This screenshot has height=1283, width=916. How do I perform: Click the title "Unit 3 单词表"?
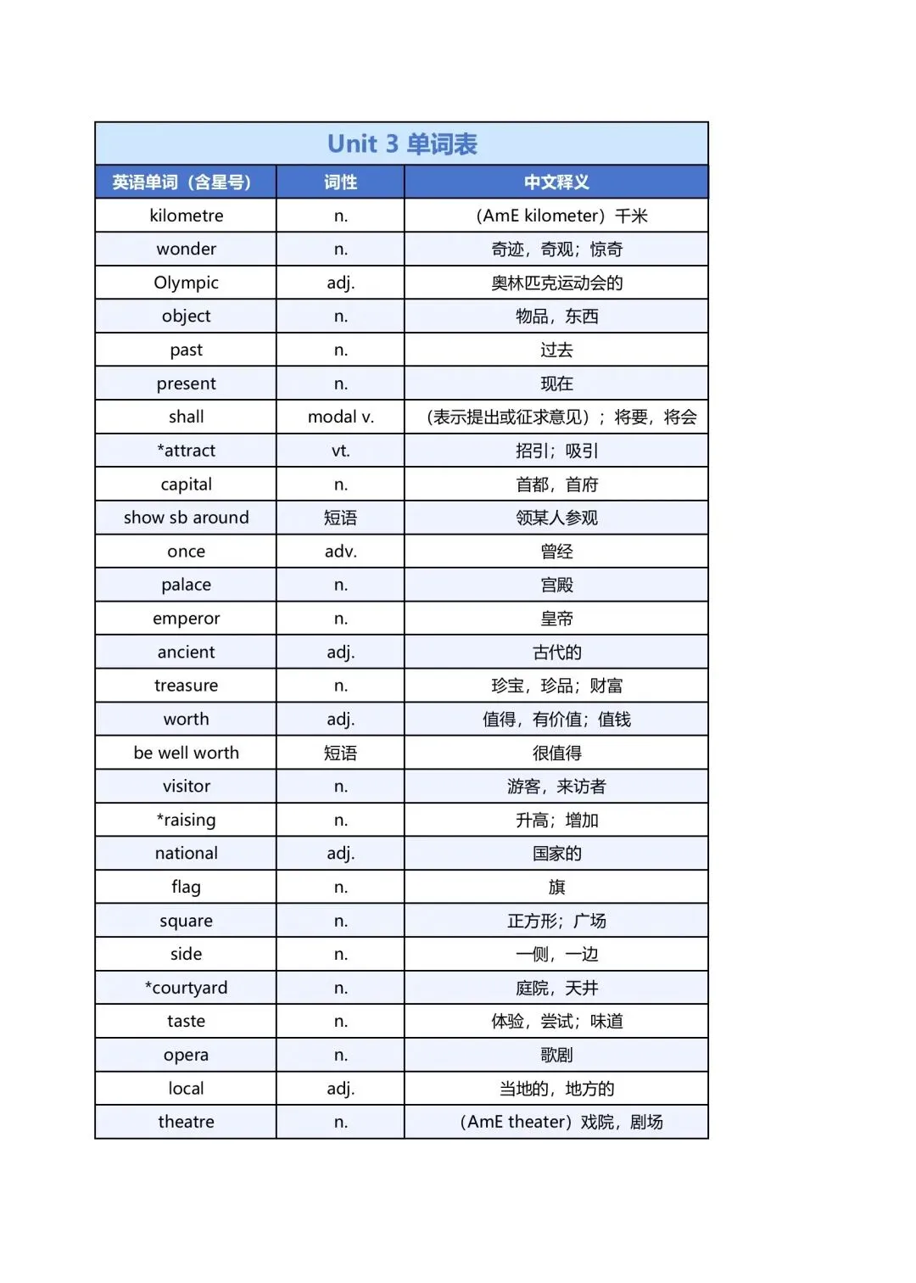point(402,144)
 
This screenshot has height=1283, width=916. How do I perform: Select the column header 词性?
point(340,182)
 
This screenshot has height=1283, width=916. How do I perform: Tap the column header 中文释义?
point(556,182)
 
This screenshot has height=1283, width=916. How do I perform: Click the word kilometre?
point(186,216)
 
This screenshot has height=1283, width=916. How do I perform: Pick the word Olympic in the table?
point(186,283)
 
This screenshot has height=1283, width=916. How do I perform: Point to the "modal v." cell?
point(340,417)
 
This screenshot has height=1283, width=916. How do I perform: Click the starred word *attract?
point(186,451)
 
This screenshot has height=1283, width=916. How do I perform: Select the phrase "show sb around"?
point(186,518)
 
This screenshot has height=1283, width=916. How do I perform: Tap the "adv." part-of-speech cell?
point(340,552)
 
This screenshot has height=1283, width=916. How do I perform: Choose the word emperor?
point(186,619)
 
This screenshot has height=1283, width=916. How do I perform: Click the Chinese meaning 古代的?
point(556,653)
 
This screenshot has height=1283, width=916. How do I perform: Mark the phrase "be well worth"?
point(186,753)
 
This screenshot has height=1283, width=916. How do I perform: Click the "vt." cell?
point(340,451)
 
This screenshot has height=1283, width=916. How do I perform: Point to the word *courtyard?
point(186,988)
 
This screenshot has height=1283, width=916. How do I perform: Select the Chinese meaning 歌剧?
point(556,1055)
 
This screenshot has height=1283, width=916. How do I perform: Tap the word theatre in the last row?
point(186,1122)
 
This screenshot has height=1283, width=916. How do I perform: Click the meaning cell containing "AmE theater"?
point(561,1122)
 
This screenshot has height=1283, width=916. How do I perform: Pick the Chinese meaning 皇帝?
point(556,619)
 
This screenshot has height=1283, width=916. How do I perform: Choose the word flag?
point(186,888)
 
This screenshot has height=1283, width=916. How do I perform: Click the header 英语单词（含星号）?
point(182,182)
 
